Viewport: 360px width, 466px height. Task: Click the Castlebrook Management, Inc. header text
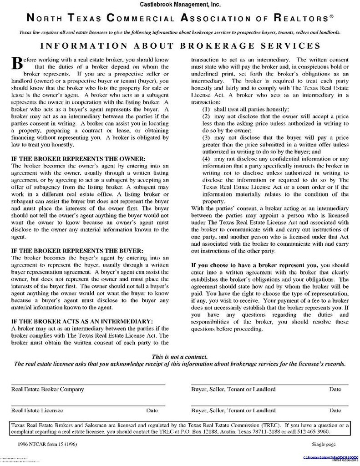pyautogui.click(x=181, y=4)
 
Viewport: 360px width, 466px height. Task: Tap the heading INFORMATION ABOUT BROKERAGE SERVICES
pyautogui.click(x=180, y=46)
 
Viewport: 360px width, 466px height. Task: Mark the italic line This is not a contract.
pyautogui.click(x=180, y=357)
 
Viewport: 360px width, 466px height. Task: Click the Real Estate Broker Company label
pyautogui.click(x=47, y=390)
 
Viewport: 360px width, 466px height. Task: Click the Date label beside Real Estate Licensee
pyautogui.click(x=152, y=410)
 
